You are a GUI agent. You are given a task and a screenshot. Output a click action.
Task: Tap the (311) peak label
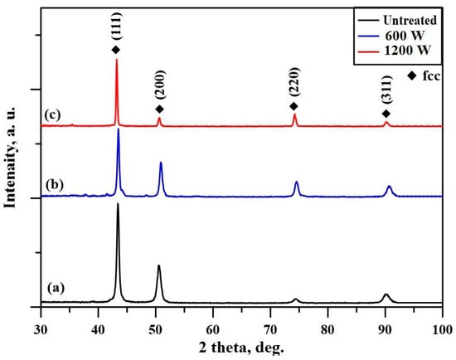point(386,92)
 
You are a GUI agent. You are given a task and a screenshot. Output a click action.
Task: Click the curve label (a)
point(56,288)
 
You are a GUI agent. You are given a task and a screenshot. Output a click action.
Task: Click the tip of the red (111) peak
point(116,60)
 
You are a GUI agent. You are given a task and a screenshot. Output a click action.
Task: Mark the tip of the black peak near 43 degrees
point(118,203)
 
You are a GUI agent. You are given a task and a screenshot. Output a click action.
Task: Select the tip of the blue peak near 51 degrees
point(161,163)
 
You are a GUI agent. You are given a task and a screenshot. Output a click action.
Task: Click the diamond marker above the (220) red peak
point(293,107)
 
